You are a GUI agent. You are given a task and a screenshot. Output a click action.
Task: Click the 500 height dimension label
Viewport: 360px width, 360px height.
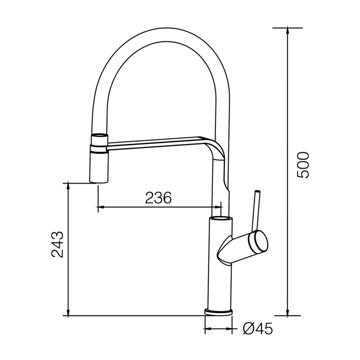tap(303, 165)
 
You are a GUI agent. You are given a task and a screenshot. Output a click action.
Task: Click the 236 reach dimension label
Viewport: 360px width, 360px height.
tap(158, 198)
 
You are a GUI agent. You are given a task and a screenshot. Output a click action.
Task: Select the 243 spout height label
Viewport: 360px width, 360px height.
tap(57, 244)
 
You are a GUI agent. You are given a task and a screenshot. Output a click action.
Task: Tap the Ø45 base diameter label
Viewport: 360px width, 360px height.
tap(257, 328)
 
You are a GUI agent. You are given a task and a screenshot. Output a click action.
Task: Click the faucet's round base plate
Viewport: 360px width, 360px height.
tap(218, 312)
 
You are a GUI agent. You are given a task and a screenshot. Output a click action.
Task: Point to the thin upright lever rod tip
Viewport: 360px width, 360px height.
tap(257, 191)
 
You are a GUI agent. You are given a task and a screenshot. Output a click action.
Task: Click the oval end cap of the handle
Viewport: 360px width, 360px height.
tap(259, 242)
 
